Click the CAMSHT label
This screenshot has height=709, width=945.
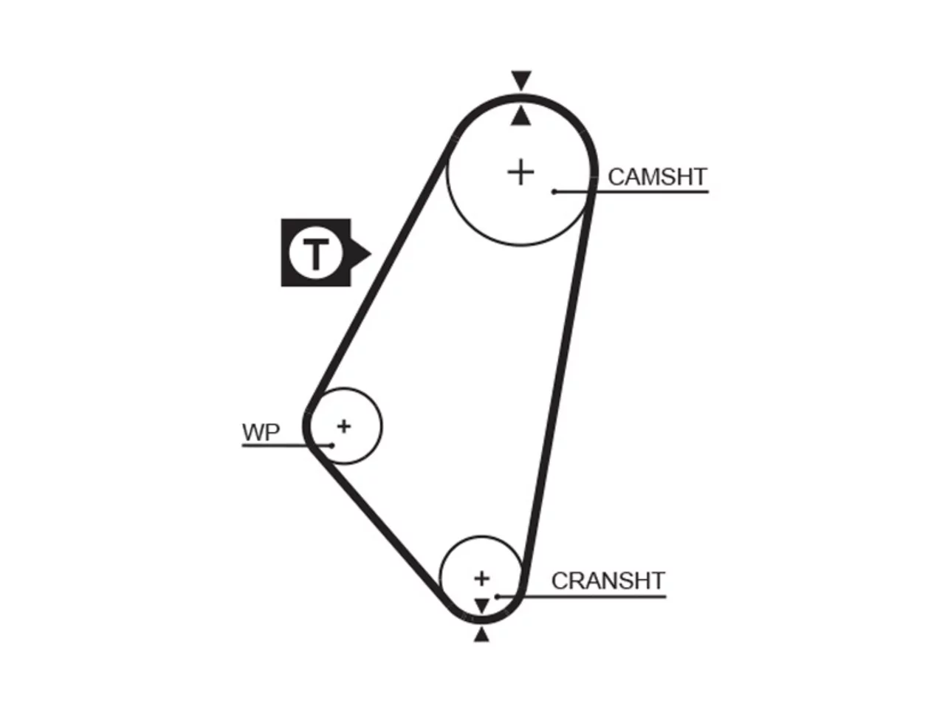pos(657,177)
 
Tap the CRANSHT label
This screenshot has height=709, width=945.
pos(608,580)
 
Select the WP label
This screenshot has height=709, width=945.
pos(261,432)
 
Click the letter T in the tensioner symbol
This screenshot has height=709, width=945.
pos(316,254)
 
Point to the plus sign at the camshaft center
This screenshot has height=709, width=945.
pos(521,173)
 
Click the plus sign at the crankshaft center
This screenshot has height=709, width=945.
pos(482,578)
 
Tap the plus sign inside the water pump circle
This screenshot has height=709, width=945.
pos(344,427)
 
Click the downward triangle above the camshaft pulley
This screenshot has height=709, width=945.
pos(521,81)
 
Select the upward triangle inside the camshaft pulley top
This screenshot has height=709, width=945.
pos(520,116)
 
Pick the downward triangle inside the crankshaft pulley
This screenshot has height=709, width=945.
pos(482,606)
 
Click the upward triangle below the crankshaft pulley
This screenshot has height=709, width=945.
pos(482,635)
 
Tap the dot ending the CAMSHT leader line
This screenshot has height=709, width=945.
pos(554,192)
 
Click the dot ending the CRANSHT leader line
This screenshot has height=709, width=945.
pos(498,597)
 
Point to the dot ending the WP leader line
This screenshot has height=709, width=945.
pos(331,445)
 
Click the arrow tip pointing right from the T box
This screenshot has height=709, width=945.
pos(371,253)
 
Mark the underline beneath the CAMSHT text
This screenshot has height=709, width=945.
pos(631,192)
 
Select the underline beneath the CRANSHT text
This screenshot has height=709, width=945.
pos(582,597)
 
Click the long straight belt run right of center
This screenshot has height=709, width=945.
pos(558,374)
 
